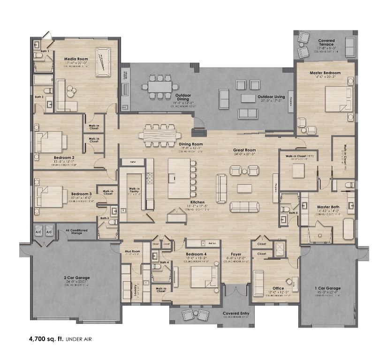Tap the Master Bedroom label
(325, 73)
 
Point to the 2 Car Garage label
(76, 278)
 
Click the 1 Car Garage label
(327, 288)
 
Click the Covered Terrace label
(326, 43)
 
